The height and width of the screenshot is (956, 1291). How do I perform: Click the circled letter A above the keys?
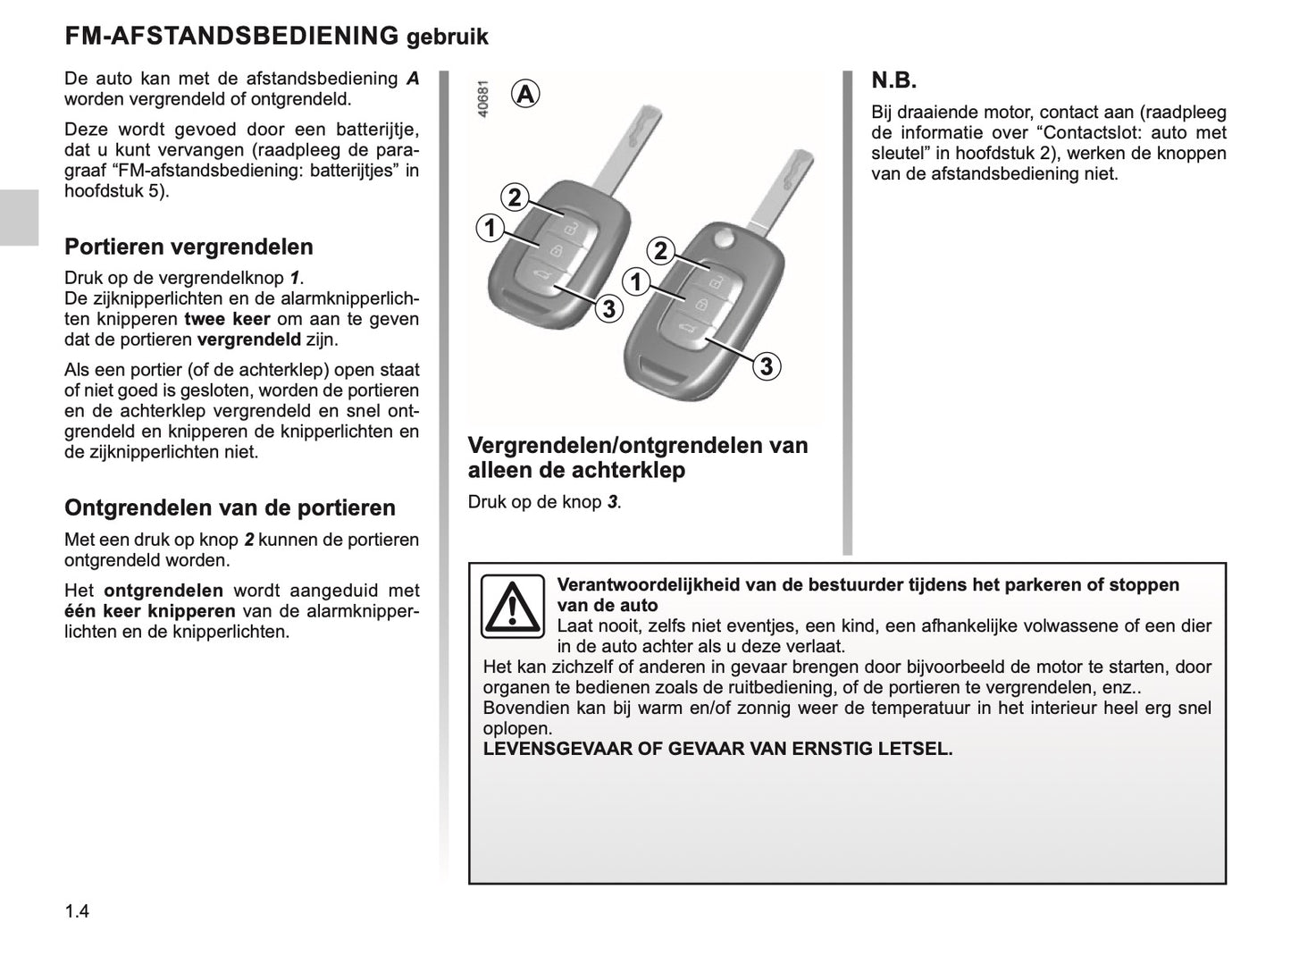[526, 93]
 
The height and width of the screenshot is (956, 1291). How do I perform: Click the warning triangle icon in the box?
[512, 606]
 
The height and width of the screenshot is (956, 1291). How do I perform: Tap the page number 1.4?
[77, 911]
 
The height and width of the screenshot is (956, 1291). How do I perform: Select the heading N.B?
[894, 81]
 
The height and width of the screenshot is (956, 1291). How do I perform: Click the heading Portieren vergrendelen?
[189, 247]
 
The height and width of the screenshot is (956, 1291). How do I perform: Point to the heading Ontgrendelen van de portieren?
[230, 507]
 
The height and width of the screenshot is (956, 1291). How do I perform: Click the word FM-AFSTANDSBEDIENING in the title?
[231, 36]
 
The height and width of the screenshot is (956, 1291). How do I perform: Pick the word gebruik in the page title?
[447, 38]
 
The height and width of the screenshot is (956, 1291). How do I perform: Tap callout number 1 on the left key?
[489, 228]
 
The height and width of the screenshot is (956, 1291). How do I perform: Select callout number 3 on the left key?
[608, 309]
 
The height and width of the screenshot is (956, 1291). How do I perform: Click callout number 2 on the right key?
[660, 251]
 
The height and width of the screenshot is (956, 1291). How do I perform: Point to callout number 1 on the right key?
[635, 282]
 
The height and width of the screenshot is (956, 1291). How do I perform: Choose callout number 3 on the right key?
[766, 366]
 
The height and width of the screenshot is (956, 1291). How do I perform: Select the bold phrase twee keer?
[227, 319]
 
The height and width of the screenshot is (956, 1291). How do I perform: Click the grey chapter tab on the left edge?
[19, 217]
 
